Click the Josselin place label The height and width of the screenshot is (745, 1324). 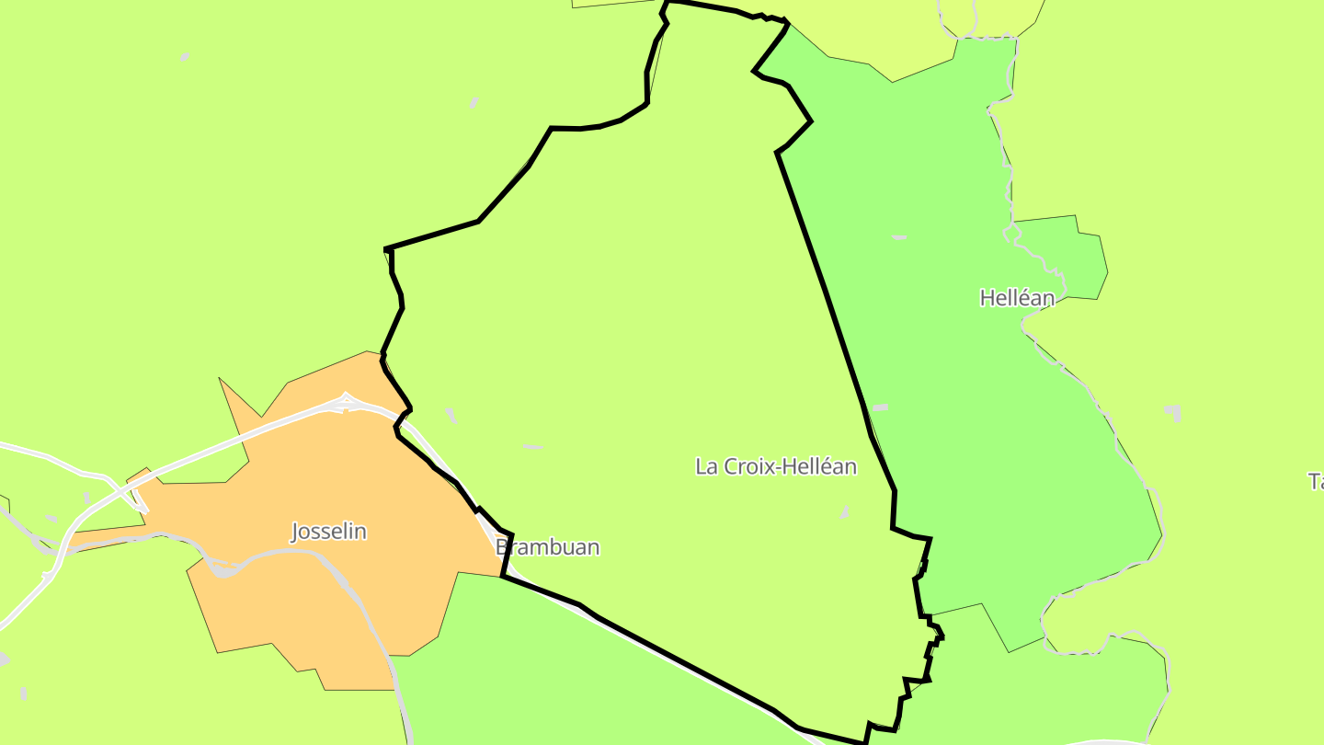tap(328, 532)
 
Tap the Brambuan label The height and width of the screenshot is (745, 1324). tap(548, 547)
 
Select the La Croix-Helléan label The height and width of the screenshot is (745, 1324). tap(775, 466)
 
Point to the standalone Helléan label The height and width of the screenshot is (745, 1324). tap(1017, 298)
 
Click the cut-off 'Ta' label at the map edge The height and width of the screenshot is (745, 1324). tap(1316, 481)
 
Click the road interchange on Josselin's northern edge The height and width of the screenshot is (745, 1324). tap(347, 402)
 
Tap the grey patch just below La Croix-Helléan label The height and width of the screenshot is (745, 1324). tap(844, 511)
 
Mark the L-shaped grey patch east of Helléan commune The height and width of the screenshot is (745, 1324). tap(1173, 412)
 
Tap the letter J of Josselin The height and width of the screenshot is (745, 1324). tap(295, 532)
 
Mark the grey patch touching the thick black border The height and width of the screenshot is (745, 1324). tap(880, 407)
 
